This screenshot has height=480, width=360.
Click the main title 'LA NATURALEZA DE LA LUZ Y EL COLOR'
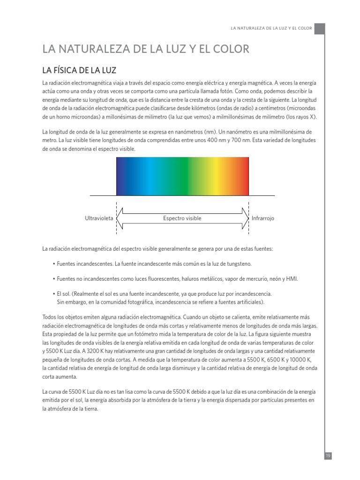[146, 49]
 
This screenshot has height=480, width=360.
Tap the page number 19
[328, 456]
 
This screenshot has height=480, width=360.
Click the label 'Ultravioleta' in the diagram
[99, 218]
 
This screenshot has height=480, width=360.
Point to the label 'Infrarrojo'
[262, 218]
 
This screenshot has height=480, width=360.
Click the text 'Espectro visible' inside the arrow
[182, 218]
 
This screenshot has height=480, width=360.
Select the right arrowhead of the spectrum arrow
[245, 218]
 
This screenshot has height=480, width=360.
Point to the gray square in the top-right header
[319, 29]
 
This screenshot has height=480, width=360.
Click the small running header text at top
[271, 29]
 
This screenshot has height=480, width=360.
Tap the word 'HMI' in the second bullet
[292, 279]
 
